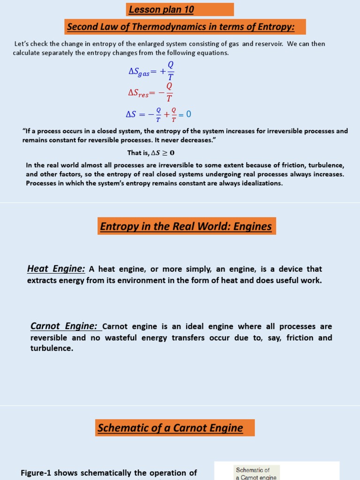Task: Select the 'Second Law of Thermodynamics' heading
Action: [x=180, y=27]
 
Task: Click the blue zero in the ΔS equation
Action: [x=188, y=114]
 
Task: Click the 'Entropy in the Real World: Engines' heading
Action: [x=186, y=226]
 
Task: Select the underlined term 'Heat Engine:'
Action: [x=56, y=269]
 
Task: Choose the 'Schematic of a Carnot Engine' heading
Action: [x=170, y=428]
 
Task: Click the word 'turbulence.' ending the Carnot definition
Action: [x=52, y=349]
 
